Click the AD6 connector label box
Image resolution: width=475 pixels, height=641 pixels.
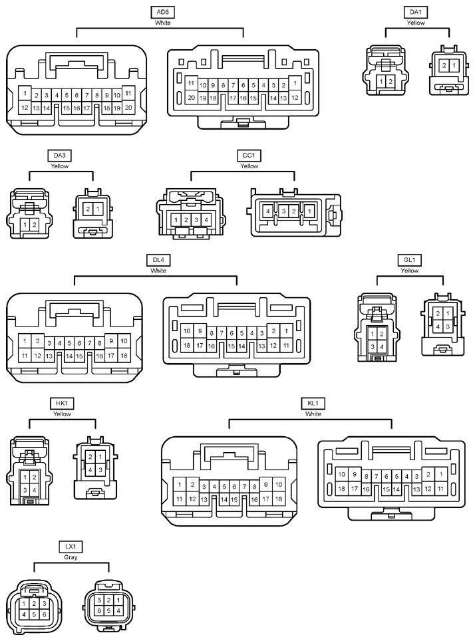162,12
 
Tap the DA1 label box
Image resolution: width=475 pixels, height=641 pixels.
415,12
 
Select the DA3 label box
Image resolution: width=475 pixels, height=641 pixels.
60,156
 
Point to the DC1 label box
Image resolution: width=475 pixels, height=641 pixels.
249,156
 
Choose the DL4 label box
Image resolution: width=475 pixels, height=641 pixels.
158,260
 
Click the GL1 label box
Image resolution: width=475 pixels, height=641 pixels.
409,260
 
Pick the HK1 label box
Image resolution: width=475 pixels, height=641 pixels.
62,404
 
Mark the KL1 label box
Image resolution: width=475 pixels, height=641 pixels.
313,404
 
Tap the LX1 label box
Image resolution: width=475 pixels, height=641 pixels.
71,547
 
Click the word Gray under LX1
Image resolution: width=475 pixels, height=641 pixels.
71,557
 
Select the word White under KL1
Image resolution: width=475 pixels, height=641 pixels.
313,414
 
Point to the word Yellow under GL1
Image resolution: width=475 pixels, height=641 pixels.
410,271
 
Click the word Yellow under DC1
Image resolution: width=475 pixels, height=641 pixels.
249,166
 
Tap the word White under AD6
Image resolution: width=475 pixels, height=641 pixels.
162,23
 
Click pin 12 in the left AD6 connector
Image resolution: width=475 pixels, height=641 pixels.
25,108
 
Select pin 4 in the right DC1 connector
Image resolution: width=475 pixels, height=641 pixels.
268,211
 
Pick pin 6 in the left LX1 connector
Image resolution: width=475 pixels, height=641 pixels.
44,614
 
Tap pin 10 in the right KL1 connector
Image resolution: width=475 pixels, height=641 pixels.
342,475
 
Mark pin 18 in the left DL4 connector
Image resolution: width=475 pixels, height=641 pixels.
124,356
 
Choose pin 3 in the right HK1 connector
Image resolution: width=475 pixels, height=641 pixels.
100,469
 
